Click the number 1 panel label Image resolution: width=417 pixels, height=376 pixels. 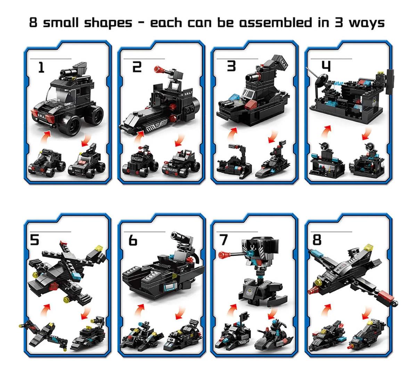coord(41,67)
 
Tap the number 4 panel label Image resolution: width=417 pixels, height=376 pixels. coord(325,66)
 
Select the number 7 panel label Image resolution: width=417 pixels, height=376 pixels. coord(224,240)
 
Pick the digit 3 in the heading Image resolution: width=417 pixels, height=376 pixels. coord(339,23)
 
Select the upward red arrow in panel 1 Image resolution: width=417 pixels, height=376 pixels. coord(46,136)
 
